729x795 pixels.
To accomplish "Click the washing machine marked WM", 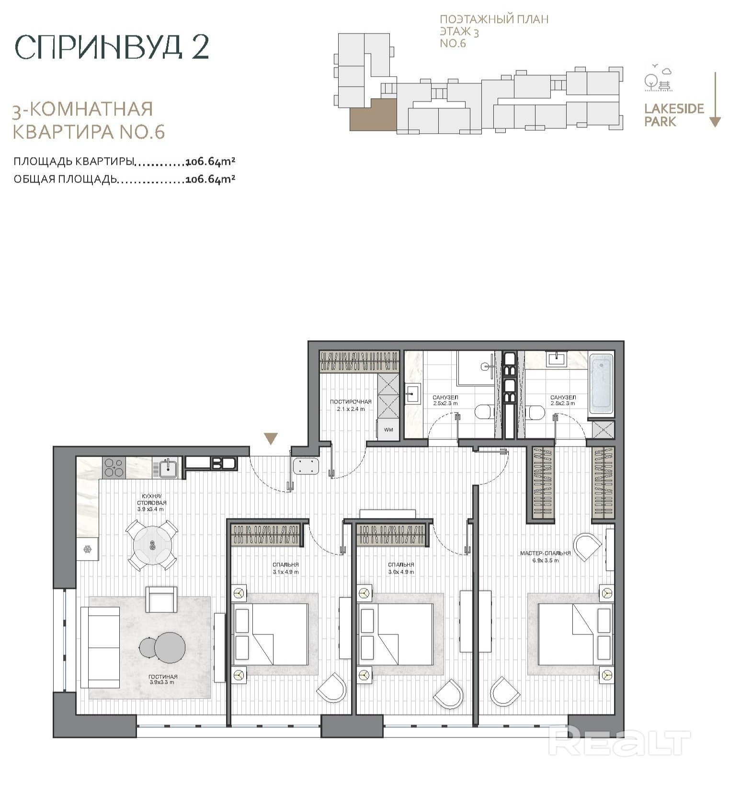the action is (x=388, y=429).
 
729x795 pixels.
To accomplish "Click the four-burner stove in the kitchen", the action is (x=114, y=467).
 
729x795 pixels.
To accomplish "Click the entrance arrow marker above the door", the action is (x=271, y=438).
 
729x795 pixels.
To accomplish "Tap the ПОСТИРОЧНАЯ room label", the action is (x=351, y=402).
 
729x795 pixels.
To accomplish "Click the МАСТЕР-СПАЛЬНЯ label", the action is (x=546, y=553).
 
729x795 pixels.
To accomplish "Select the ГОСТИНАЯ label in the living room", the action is (x=163, y=676).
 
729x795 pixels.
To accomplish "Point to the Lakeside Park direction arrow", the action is (x=715, y=99).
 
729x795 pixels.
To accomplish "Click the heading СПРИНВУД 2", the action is (x=112, y=46).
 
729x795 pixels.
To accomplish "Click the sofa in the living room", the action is (x=100, y=646).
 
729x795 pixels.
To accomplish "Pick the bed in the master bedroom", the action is (x=575, y=634).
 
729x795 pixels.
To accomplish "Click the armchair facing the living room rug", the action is (x=161, y=599).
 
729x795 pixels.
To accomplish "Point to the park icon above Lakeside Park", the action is (x=658, y=78).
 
